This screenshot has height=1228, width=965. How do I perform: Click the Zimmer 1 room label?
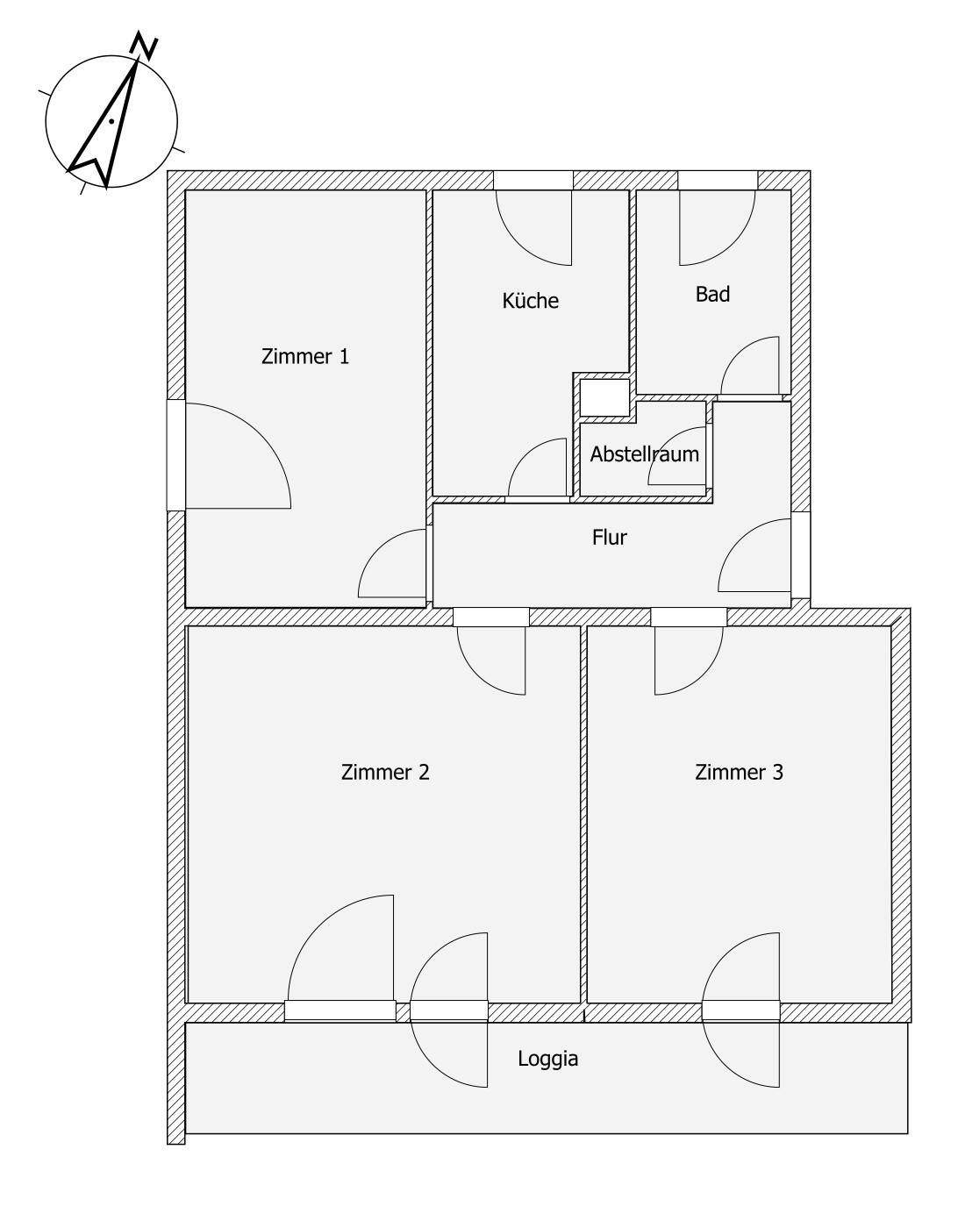click(x=305, y=357)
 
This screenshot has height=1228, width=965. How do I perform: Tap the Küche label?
click(x=530, y=300)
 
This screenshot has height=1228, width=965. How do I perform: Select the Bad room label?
click(x=712, y=294)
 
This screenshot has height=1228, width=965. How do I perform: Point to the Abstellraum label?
click(x=645, y=453)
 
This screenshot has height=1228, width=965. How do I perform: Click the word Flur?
click(x=609, y=537)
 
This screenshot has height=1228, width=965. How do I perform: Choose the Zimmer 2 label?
click(x=385, y=772)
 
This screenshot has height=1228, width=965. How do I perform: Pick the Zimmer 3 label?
click(x=739, y=772)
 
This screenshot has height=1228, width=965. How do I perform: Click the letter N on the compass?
click(x=144, y=46)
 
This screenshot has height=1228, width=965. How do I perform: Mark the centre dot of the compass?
click(x=112, y=121)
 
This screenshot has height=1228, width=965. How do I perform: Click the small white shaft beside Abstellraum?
click(x=604, y=397)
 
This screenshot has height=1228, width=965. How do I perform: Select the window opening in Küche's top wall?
click(x=533, y=181)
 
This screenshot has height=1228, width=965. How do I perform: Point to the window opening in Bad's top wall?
click(x=718, y=181)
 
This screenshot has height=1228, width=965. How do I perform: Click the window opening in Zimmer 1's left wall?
click(x=176, y=455)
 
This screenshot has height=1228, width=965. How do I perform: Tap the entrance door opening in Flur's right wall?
click(x=801, y=554)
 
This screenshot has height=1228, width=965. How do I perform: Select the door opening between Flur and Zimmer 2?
click(x=491, y=618)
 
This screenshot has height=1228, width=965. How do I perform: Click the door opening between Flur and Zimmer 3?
click(x=689, y=618)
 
